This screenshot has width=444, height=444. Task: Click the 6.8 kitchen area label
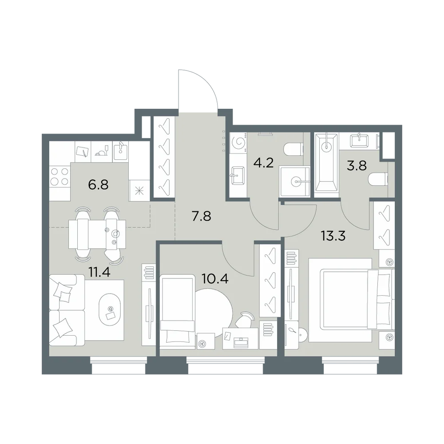click(x=98, y=185)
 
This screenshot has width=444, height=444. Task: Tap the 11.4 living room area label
click(x=99, y=272)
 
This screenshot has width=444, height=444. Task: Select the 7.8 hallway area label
click(x=201, y=217)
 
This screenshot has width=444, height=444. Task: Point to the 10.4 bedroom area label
click(x=215, y=279)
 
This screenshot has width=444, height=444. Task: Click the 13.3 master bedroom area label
click(x=333, y=236)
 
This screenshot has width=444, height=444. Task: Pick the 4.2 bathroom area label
click(x=263, y=163)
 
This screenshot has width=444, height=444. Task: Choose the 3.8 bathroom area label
click(x=357, y=166)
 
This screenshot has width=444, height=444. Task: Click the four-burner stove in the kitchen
click(x=59, y=176)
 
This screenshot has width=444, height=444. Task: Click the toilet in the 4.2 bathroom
click(x=293, y=149)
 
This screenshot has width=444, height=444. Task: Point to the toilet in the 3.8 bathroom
click(x=378, y=179)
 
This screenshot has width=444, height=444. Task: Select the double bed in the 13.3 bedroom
click(x=351, y=300)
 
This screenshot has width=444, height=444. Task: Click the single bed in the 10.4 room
click(x=178, y=310)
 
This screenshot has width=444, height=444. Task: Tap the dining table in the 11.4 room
click(x=97, y=234)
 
